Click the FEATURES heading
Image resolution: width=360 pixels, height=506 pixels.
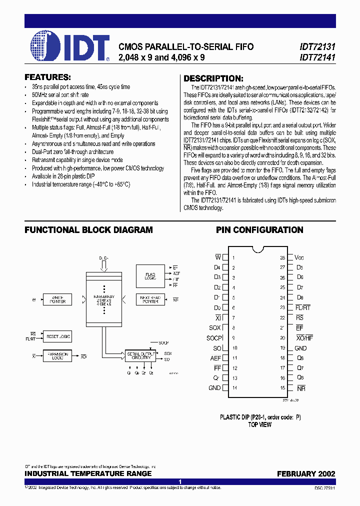(x=47, y=77)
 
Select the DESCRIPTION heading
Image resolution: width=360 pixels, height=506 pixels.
(x=213, y=78)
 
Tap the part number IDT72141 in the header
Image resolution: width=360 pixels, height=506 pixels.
(x=317, y=57)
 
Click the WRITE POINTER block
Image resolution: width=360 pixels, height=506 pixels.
(x=58, y=299)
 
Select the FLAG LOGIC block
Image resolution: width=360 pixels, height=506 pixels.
(x=151, y=275)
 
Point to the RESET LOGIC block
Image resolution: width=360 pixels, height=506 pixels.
(x=58, y=336)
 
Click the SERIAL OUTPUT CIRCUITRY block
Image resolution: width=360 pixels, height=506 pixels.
(x=139, y=356)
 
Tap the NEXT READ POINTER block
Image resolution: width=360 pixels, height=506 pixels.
(x=151, y=299)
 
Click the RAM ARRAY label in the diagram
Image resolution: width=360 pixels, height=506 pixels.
(x=104, y=298)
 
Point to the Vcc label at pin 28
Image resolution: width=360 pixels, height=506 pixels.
(x=299, y=257)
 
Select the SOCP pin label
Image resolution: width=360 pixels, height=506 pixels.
(x=214, y=337)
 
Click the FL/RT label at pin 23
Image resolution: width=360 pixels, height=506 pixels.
(x=302, y=307)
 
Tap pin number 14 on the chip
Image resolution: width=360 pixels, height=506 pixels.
(x=234, y=388)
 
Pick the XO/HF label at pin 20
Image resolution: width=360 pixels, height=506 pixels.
(x=303, y=338)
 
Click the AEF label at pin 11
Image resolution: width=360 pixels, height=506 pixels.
(x=215, y=358)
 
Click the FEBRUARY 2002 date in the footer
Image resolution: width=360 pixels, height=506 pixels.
(x=306, y=473)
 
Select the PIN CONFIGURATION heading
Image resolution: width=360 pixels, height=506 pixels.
(x=259, y=230)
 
